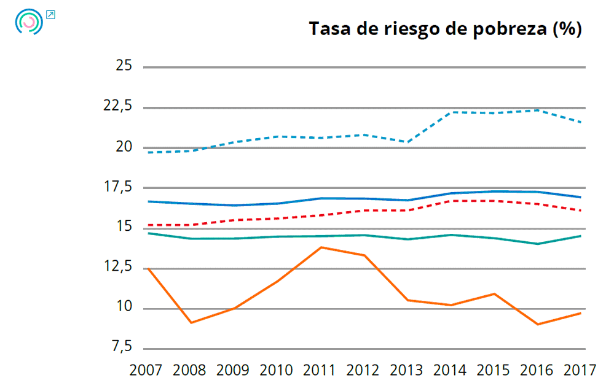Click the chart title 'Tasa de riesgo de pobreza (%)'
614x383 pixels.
[x=445, y=29]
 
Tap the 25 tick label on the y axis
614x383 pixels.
[x=124, y=66]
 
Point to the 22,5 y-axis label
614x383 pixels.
[x=117, y=106]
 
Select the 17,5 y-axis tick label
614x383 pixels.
[x=117, y=187]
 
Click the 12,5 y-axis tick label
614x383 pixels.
[x=117, y=268]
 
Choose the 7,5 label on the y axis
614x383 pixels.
[x=121, y=348]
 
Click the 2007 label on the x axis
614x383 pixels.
[x=146, y=370]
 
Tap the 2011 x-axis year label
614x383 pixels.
[x=320, y=370]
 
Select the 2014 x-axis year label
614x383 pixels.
[x=451, y=370]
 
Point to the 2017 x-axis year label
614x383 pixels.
[x=580, y=370]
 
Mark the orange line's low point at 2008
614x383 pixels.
[x=192, y=322]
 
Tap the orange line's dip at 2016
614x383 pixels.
[x=538, y=324]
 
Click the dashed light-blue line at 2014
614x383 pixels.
[x=452, y=112]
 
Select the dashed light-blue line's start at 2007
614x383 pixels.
[x=149, y=152]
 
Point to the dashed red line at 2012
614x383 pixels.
[x=365, y=211]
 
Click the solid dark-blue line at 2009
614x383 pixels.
[x=235, y=205]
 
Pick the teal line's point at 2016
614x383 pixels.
[x=538, y=244]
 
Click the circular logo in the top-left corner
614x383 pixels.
[x=29, y=21]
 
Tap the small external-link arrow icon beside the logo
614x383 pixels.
[x=51, y=14]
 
